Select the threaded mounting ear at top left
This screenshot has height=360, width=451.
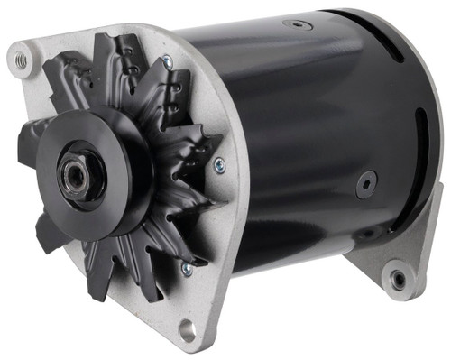19,60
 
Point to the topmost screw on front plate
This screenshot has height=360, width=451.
167,61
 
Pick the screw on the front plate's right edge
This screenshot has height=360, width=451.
219,164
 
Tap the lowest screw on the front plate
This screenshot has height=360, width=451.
186,267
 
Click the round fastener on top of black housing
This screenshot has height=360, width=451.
297,25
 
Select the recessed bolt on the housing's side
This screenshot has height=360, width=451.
365,185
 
